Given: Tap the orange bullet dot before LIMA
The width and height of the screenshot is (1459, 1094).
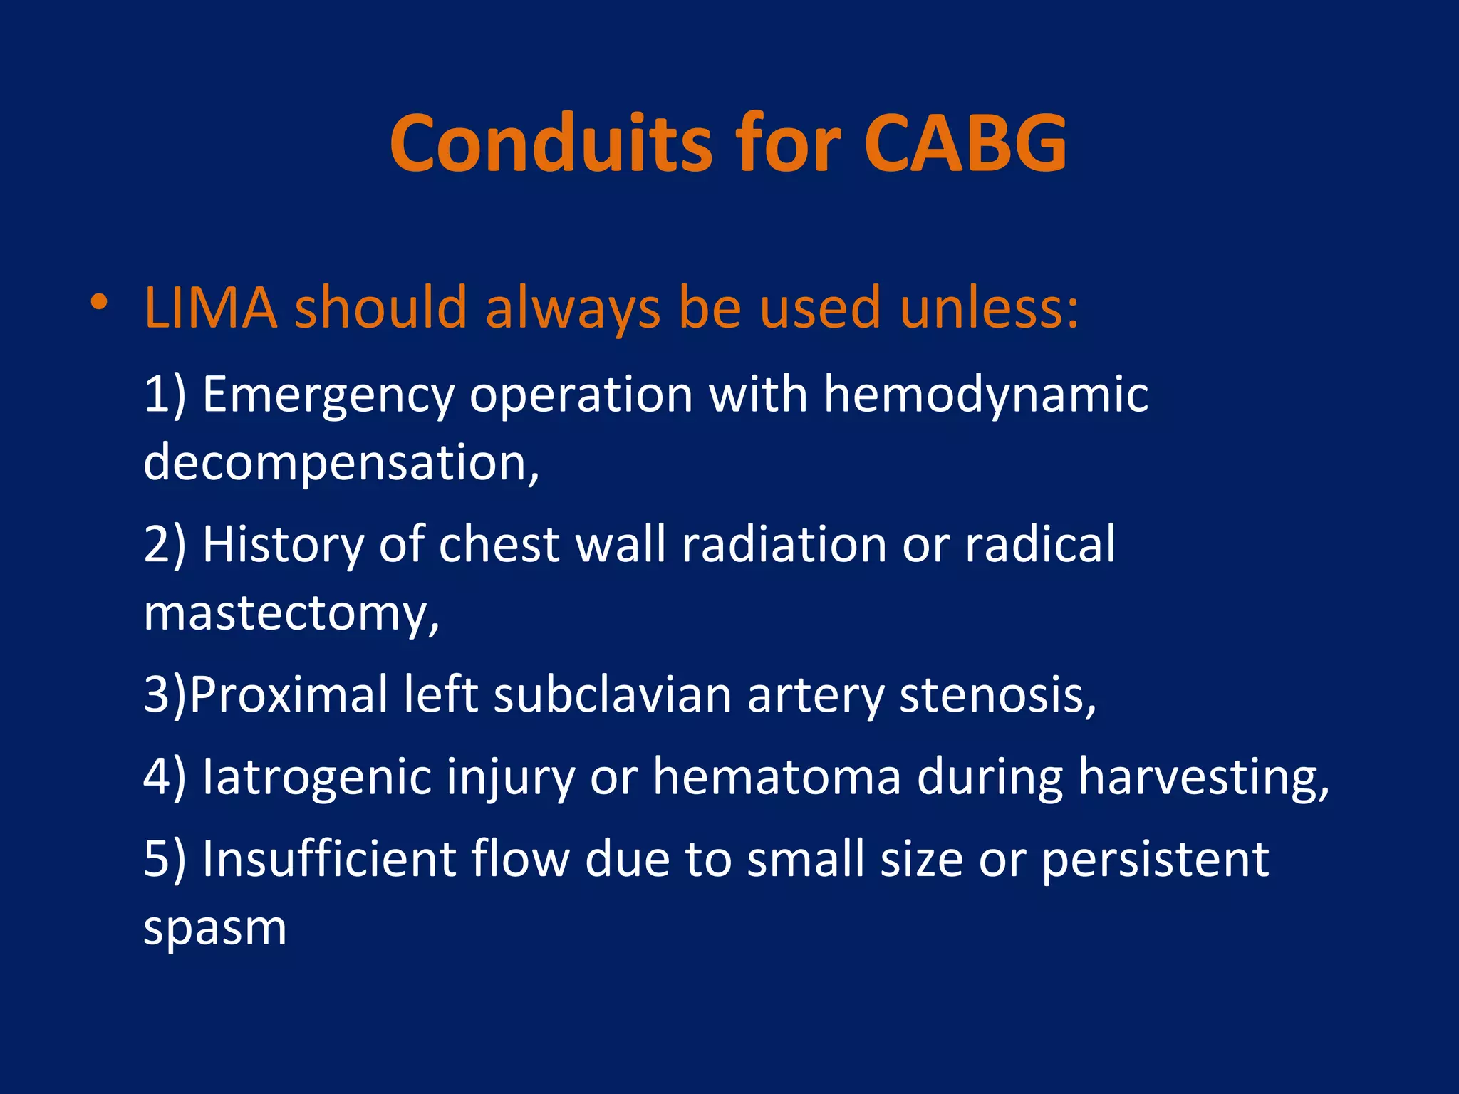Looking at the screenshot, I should [x=99, y=302].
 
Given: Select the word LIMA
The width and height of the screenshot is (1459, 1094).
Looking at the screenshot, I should [x=211, y=308].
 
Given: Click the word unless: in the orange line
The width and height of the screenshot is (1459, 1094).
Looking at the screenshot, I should [x=990, y=308].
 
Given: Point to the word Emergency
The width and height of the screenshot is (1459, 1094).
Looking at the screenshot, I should [x=328, y=396].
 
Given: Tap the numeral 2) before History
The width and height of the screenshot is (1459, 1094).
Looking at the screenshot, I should [x=165, y=544].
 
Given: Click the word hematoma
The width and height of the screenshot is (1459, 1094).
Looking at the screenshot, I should [x=777, y=776].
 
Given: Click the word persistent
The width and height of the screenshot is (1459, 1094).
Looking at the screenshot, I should [x=1155, y=859].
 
